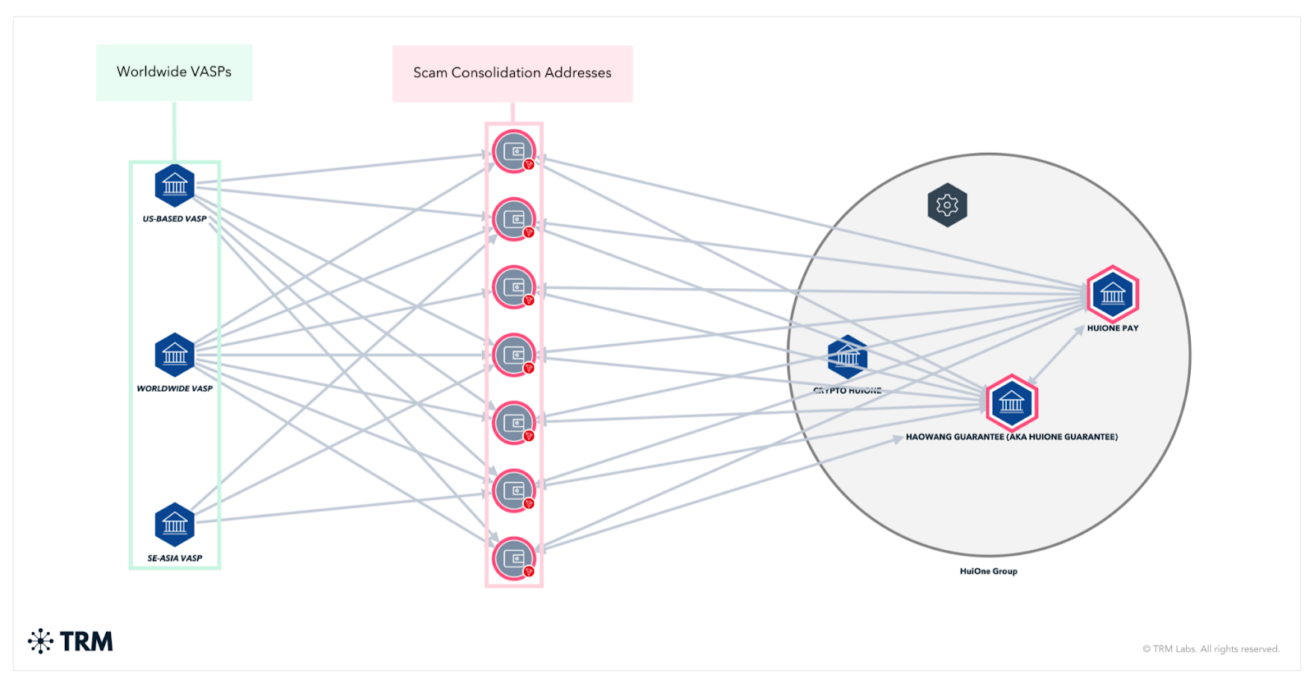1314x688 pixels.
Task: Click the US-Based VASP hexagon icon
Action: (x=175, y=186)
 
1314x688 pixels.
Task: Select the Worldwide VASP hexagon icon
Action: (x=175, y=355)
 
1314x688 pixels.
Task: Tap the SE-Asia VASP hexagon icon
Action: (x=175, y=524)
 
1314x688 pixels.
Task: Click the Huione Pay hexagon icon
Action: (x=1113, y=294)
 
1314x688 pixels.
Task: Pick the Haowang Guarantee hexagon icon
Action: (x=1012, y=402)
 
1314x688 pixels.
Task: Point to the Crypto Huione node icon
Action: (x=848, y=357)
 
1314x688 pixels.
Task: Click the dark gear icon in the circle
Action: (x=947, y=204)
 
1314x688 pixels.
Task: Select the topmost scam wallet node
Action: (x=514, y=152)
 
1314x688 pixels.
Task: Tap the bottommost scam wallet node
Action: (x=514, y=558)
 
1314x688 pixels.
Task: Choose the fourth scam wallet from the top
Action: (x=514, y=355)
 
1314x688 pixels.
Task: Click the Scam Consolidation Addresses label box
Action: (x=512, y=73)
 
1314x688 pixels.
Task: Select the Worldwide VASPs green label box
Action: (x=174, y=72)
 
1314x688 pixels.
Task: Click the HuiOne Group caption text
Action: (x=988, y=571)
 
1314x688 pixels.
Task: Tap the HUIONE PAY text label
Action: (x=1113, y=328)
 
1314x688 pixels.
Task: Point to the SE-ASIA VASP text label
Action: (x=175, y=558)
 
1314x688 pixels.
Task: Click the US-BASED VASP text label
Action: (x=175, y=219)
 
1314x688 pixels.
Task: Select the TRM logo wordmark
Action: (x=85, y=641)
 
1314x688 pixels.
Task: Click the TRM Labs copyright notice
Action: (x=1211, y=649)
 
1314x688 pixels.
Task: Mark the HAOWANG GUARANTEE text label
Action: (x=1012, y=437)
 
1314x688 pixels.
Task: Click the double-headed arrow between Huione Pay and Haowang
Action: (x=1057, y=354)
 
